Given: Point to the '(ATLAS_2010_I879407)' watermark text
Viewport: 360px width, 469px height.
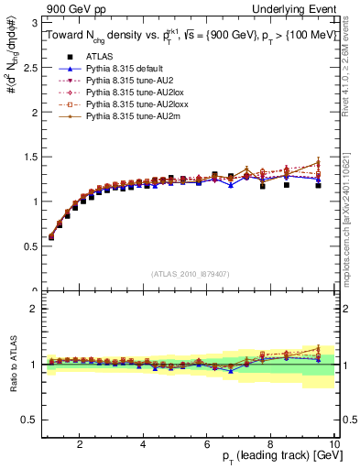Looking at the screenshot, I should (x=191, y=274).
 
